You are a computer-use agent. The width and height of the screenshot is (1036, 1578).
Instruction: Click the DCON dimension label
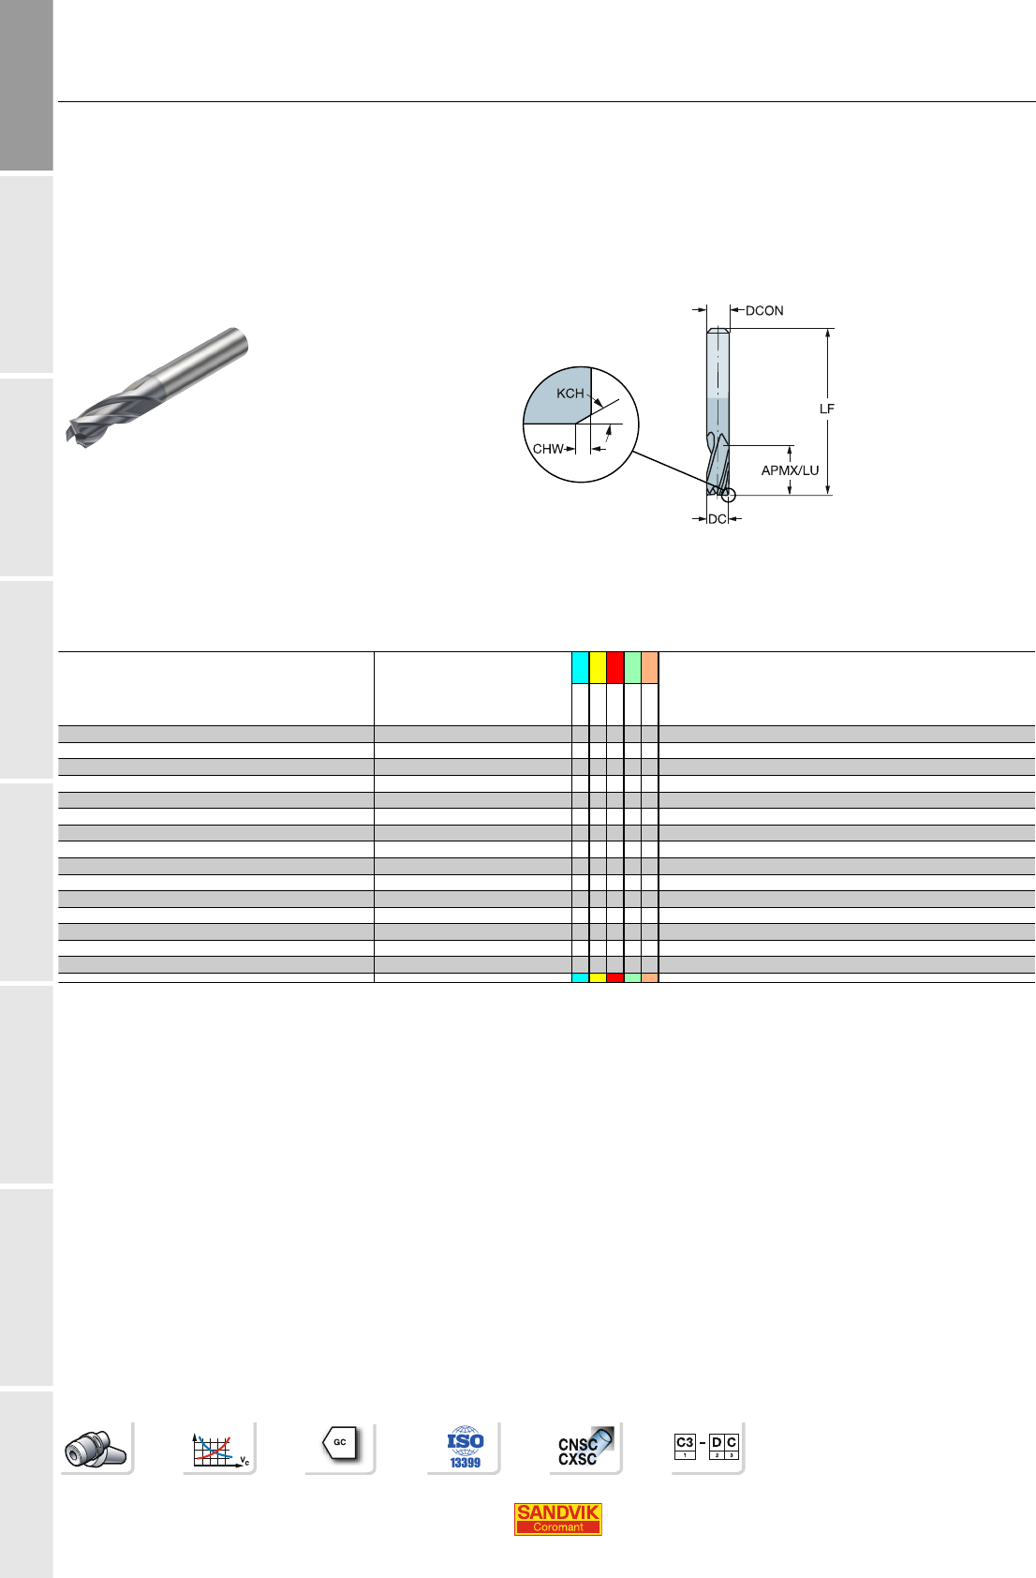[764, 311]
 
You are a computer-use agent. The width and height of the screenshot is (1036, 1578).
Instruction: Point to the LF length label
[827, 409]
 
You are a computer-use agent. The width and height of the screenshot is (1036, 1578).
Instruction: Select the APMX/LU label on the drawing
[790, 470]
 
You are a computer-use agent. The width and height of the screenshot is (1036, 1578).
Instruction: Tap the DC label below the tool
[717, 519]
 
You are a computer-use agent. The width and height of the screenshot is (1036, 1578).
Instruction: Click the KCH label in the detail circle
[570, 393]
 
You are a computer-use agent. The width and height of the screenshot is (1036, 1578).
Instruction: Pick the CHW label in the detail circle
[548, 449]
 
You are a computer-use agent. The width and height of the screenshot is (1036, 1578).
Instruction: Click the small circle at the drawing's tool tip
[728, 496]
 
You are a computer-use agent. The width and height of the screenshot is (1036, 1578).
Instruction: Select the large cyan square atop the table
[581, 667]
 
